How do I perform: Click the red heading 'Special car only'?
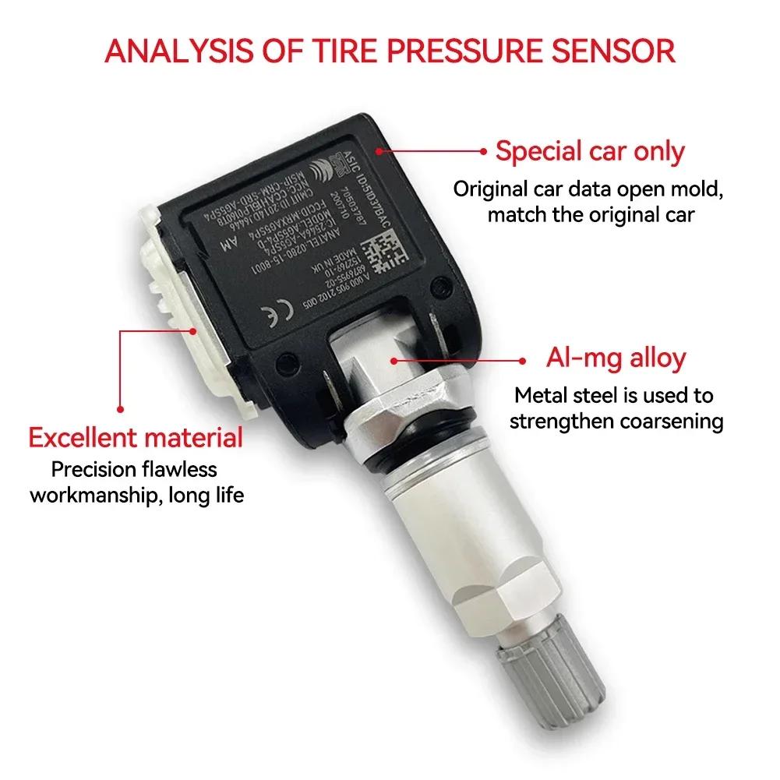[x=590, y=151]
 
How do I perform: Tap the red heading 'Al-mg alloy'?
[x=616, y=359]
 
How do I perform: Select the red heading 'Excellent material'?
[x=136, y=437]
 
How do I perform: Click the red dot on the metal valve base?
[x=397, y=360]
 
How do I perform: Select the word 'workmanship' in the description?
[x=94, y=494]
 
